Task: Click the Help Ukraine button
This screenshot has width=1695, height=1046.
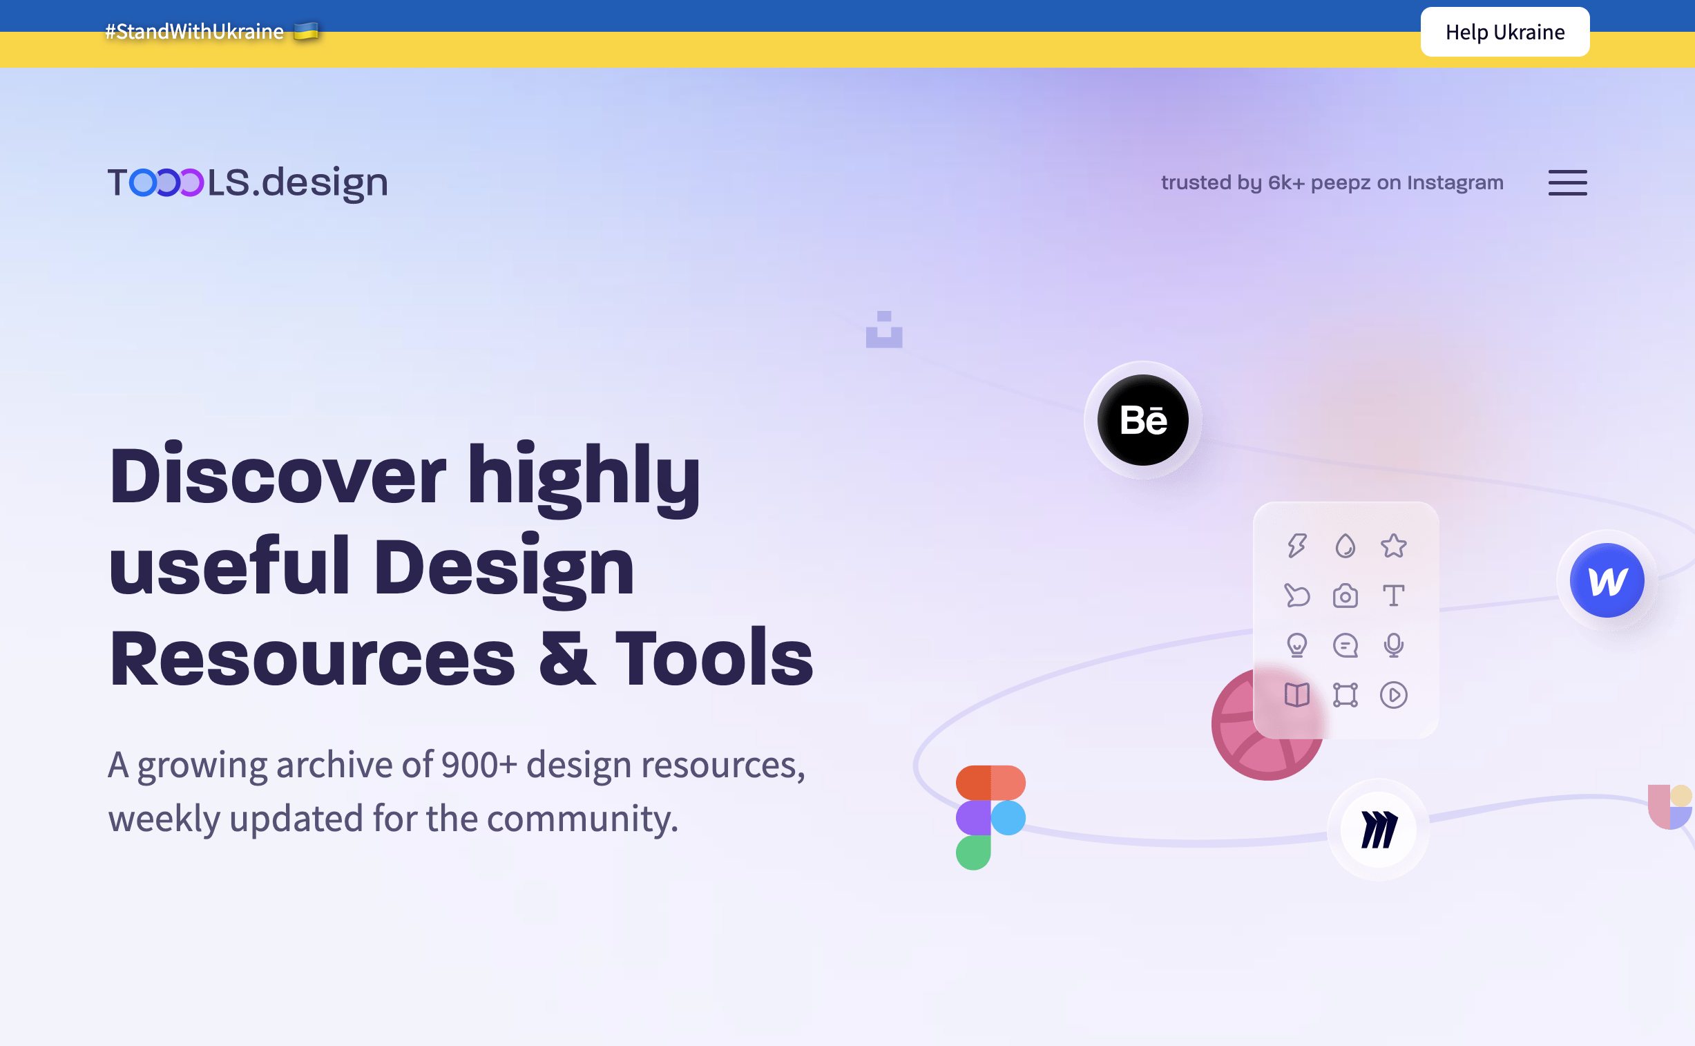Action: click(x=1505, y=32)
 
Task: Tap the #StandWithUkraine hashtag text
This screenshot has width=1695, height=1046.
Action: click(x=194, y=32)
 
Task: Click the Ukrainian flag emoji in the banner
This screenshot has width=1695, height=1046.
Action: click(x=306, y=31)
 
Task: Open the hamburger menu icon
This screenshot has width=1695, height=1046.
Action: click(x=1567, y=182)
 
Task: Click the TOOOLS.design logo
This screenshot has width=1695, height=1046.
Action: click(x=247, y=182)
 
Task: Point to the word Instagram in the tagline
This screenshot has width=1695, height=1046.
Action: click(x=1455, y=182)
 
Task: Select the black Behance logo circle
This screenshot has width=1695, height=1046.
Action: click(x=1143, y=420)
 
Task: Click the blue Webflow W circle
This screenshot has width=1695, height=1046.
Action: click(x=1607, y=580)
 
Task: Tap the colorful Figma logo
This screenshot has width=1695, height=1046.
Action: click(x=990, y=817)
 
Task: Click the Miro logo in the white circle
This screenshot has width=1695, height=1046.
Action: click(x=1379, y=830)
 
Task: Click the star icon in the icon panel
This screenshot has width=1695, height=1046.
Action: click(x=1393, y=546)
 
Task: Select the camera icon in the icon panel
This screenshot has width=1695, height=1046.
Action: click(x=1345, y=596)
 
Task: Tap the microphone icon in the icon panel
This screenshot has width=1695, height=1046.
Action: click(x=1393, y=645)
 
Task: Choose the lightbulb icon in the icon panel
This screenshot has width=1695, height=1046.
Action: click(x=1296, y=645)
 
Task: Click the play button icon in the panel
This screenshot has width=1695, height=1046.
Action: click(x=1393, y=695)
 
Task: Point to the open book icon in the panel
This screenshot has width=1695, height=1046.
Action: click(x=1296, y=695)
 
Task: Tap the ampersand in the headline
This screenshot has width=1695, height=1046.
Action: click(x=566, y=658)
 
